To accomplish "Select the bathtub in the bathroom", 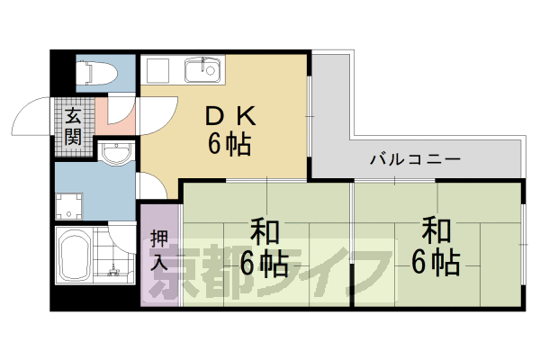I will [73, 256].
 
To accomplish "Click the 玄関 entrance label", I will [72, 127].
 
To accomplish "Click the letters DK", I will [226, 116].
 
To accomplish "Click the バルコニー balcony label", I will [416, 159].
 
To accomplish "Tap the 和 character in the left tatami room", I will [264, 232].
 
